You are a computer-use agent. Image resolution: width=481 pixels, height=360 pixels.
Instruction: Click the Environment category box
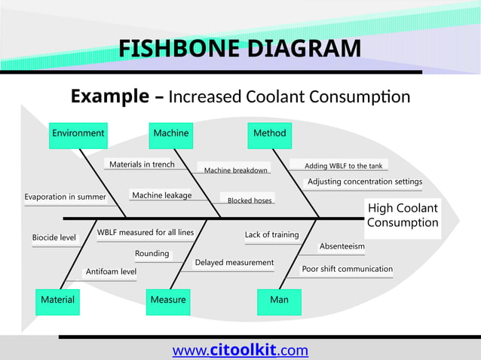click(x=78, y=133)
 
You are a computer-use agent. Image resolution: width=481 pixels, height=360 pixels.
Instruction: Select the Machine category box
click(x=171, y=133)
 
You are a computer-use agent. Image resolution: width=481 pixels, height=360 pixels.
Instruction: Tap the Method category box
click(x=269, y=133)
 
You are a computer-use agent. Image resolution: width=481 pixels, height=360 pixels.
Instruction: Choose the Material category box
click(x=57, y=300)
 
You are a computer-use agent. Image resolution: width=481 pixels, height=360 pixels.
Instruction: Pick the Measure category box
click(x=168, y=300)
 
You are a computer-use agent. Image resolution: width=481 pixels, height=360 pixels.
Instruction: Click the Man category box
click(x=279, y=300)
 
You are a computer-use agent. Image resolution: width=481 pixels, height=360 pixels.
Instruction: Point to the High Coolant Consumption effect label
click(x=402, y=215)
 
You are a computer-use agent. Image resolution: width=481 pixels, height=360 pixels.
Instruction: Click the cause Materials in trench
click(x=142, y=164)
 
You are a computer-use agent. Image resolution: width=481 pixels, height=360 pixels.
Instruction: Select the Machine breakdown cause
click(x=236, y=170)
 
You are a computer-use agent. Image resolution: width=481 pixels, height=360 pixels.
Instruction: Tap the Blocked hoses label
click(x=250, y=200)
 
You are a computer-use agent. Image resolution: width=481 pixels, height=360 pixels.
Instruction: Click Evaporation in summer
click(x=65, y=197)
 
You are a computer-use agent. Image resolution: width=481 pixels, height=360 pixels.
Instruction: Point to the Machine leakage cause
click(x=161, y=196)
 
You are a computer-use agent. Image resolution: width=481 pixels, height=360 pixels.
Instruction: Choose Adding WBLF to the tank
click(x=343, y=166)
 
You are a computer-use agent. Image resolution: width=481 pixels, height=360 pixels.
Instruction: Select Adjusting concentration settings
click(x=365, y=182)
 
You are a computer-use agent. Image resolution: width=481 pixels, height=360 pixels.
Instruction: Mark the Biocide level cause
click(x=54, y=238)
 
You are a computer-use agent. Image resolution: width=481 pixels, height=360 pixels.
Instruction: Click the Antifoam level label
click(x=111, y=272)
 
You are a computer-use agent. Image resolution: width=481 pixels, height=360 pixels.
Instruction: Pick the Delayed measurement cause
click(x=234, y=263)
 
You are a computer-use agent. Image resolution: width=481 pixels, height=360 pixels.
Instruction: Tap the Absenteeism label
click(x=342, y=246)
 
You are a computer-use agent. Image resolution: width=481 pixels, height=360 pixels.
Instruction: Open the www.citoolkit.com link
click(x=240, y=350)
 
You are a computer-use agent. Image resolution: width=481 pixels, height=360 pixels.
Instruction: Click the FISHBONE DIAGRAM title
click(x=240, y=50)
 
